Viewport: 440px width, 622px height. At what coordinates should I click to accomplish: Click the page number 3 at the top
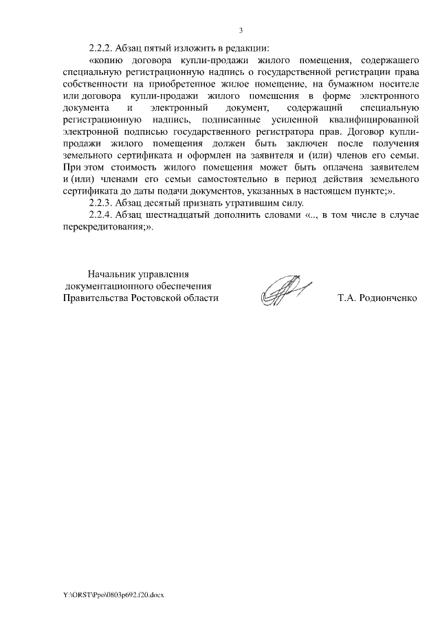click(241, 30)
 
